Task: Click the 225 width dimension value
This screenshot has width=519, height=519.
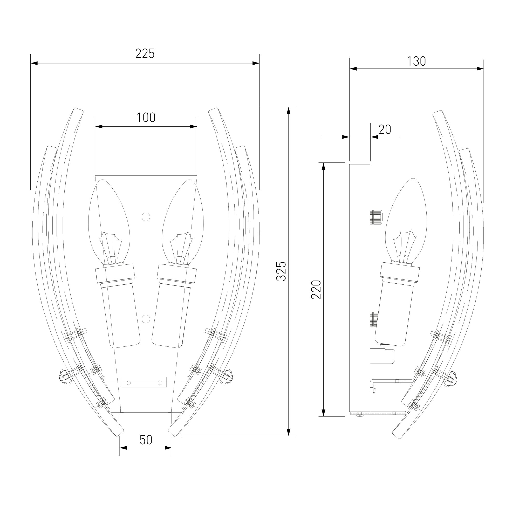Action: [x=145, y=54]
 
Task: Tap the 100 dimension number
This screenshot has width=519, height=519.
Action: [x=146, y=118]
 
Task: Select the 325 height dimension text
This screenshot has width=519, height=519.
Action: [x=281, y=271]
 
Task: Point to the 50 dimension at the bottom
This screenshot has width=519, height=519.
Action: [x=146, y=440]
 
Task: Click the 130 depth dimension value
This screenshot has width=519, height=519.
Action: [x=416, y=61]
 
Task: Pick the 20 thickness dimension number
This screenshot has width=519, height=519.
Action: [x=385, y=130]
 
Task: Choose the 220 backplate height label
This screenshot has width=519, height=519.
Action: [x=316, y=289]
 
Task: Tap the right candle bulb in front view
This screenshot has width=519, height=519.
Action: [x=183, y=222]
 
